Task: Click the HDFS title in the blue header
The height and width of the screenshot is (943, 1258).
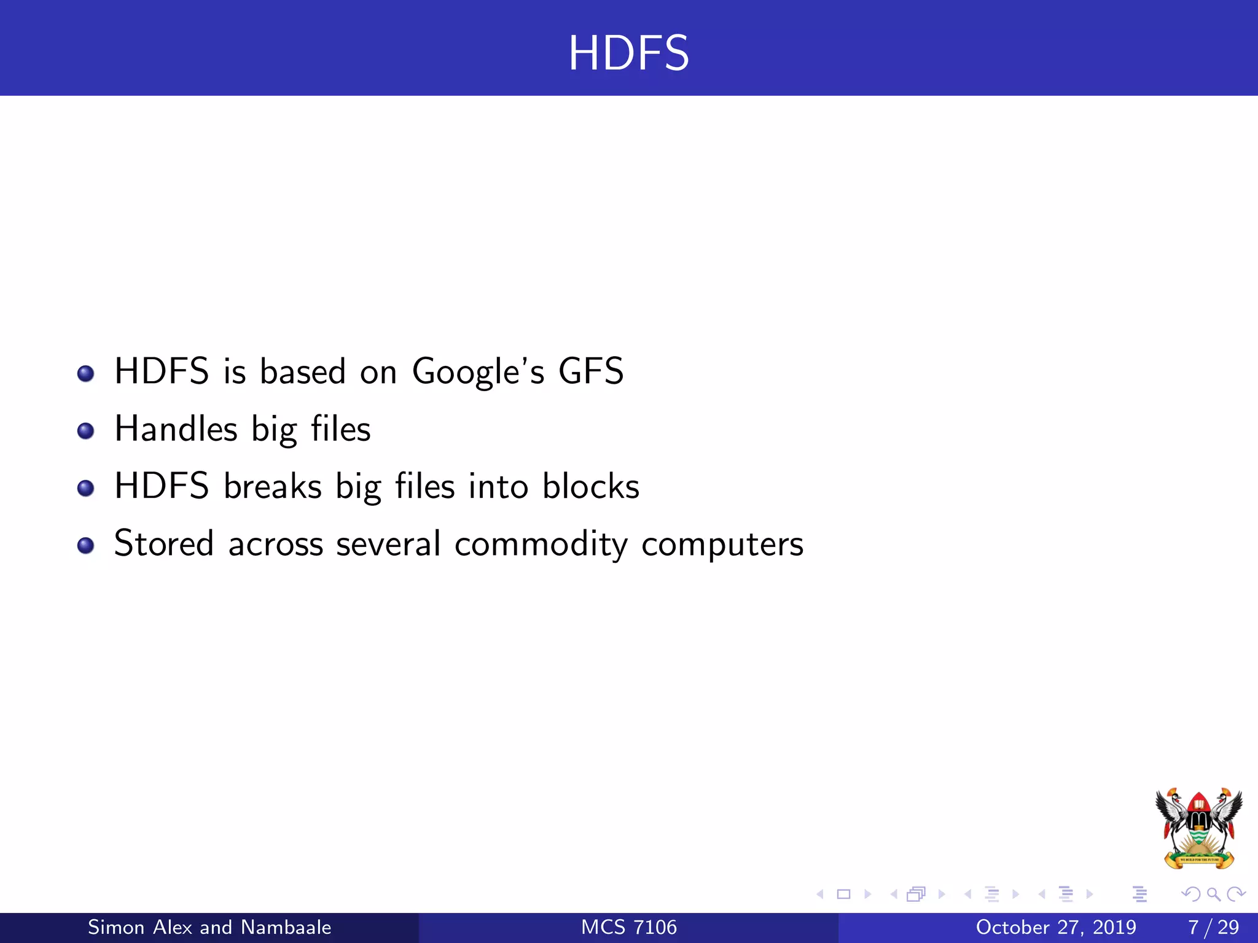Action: (628, 53)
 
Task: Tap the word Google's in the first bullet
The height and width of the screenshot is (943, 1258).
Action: (478, 372)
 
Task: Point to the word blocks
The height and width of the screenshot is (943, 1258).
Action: (590, 486)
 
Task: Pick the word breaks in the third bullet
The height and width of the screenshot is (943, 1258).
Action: (272, 486)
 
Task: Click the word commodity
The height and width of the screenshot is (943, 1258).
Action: (541, 545)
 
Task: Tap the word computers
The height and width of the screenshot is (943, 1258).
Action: (722, 545)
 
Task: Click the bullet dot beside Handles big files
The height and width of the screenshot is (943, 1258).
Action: (86, 431)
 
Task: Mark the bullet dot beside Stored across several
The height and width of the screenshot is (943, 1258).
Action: (86, 546)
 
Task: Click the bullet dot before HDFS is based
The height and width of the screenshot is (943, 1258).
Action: (86, 373)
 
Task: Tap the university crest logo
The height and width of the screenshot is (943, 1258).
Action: (1198, 828)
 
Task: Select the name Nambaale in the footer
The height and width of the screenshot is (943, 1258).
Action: (286, 927)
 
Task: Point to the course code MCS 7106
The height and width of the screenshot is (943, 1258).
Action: (628, 927)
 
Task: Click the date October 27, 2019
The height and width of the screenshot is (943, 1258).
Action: (1055, 927)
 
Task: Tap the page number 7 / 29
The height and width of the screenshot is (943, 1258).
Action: (1213, 927)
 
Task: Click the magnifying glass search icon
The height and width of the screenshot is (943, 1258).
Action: (1213, 894)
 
